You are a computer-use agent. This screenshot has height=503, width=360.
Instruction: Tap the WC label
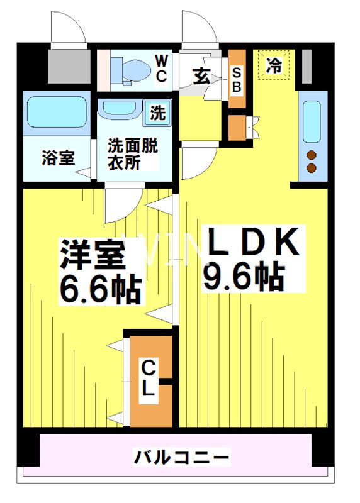pos(160,69)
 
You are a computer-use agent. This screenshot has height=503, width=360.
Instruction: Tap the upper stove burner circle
pos(311,155)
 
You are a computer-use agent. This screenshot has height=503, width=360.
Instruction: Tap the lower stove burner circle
pos(311,167)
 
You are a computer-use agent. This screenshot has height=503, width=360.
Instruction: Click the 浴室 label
pos(59,157)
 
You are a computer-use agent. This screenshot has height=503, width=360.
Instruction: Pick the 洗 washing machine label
pos(157,114)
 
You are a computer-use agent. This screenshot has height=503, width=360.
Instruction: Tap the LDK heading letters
pos(252,242)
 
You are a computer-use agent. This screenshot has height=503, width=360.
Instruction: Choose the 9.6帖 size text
pos(242,277)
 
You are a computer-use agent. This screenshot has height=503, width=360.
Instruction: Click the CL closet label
pos(148,378)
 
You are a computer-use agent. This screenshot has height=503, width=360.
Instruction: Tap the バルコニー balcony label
pos(181,456)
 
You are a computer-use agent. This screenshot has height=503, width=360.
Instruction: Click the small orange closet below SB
pos(237,128)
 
